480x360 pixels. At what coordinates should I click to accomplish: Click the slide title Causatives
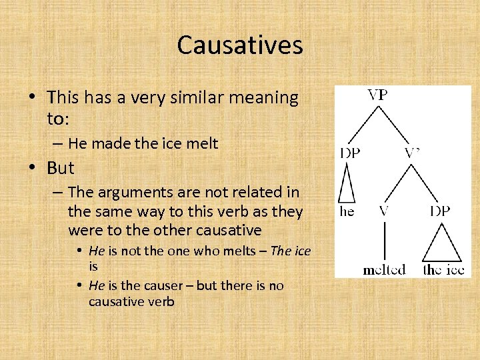pyautogui.click(x=240, y=45)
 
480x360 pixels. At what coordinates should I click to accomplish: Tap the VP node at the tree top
pyautogui.click(x=377, y=95)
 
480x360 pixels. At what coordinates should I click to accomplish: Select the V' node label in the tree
pyautogui.click(x=412, y=153)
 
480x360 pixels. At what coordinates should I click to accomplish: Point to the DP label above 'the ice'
pyautogui.click(x=439, y=211)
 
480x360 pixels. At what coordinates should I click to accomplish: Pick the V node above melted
pyautogui.click(x=385, y=211)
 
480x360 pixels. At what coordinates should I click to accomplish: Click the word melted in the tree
pyautogui.click(x=384, y=269)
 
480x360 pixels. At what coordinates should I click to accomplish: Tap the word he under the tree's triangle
pyautogui.click(x=347, y=211)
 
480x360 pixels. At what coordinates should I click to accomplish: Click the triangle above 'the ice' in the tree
pyautogui.click(x=442, y=243)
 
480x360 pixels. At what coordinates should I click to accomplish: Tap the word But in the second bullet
pyautogui.click(x=61, y=168)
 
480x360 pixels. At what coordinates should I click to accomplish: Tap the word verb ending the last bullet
pyautogui.click(x=161, y=301)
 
